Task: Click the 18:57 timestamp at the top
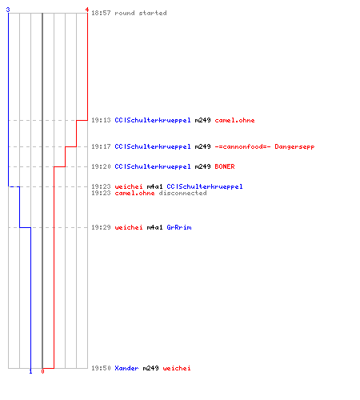pyautogui.click(x=101, y=13)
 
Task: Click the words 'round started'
pyautogui.click(x=141, y=13)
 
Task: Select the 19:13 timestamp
pyautogui.click(x=101, y=120)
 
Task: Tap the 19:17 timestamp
pyautogui.click(x=101, y=146)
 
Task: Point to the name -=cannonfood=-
pyautogui.click(x=242, y=146)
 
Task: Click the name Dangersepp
pyautogui.click(x=294, y=147)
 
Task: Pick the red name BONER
pyautogui.click(x=225, y=166)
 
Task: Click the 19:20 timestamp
pyautogui.click(x=101, y=166)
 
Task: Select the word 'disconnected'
pyautogui.click(x=182, y=193)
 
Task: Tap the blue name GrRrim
pyautogui.click(x=179, y=227)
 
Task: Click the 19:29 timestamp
pyautogui.click(x=101, y=227)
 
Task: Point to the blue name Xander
pyautogui.click(x=126, y=368)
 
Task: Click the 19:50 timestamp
pyautogui.click(x=101, y=368)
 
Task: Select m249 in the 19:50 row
pyautogui.click(x=150, y=368)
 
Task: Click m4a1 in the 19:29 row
pyautogui.click(x=154, y=227)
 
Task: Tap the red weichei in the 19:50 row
pyautogui.click(x=177, y=368)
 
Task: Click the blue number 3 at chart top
pyautogui.click(x=8, y=10)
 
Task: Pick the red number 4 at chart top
pyautogui.click(x=87, y=10)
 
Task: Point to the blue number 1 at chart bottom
pyautogui.click(x=30, y=371)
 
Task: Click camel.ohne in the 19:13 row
pyautogui.click(x=234, y=120)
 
